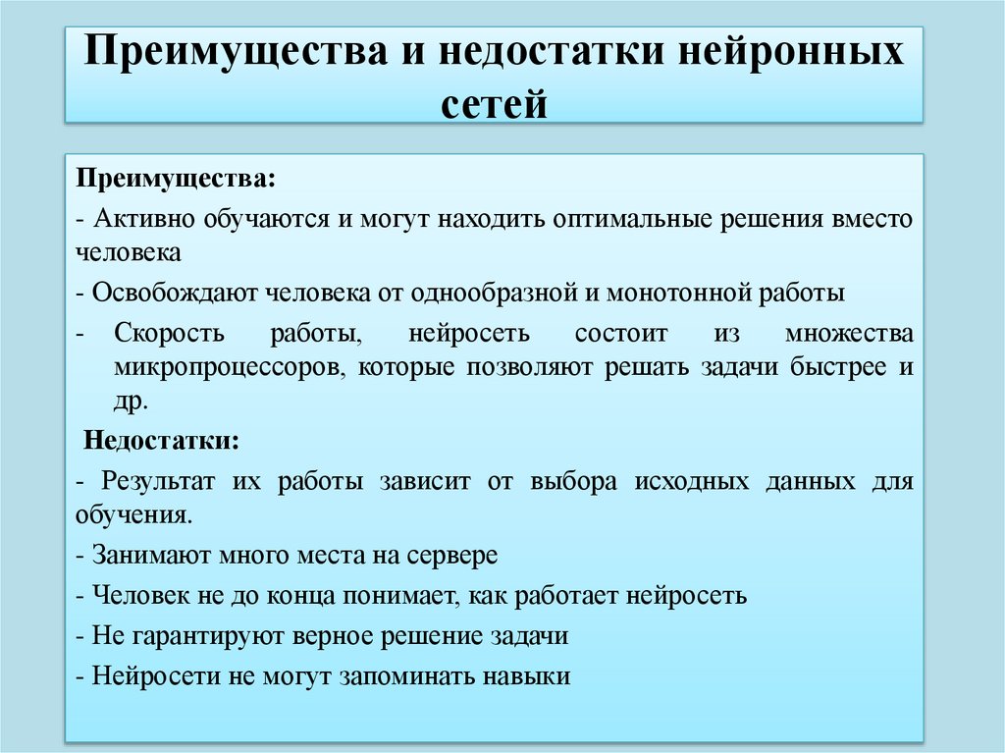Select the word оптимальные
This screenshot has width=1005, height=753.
[x=629, y=218]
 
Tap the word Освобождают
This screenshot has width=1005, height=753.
[x=173, y=293]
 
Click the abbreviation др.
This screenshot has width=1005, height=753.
[x=131, y=403]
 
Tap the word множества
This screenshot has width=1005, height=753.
[x=849, y=334]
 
